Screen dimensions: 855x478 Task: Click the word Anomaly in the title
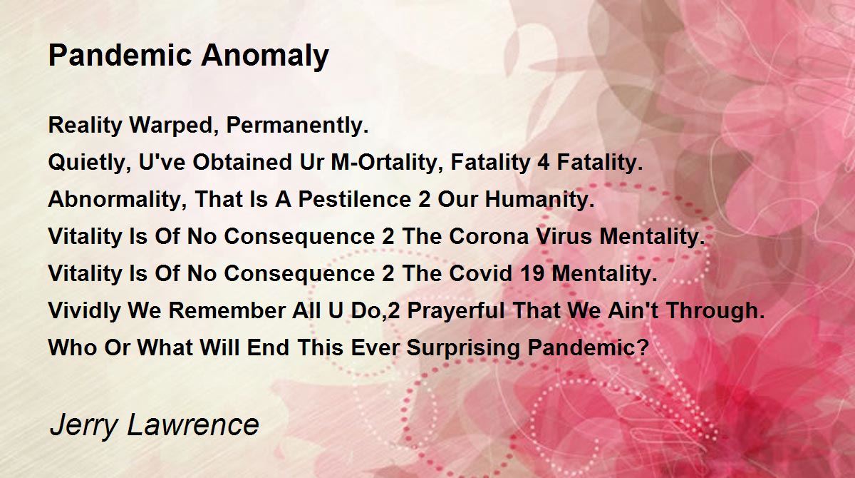pyautogui.click(x=265, y=56)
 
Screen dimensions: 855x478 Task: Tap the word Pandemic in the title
pyautogui.click(x=120, y=55)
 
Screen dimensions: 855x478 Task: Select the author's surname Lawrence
pyautogui.click(x=193, y=424)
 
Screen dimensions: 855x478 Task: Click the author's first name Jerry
pyautogui.click(x=83, y=426)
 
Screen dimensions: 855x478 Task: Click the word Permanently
pyautogui.click(x=297, y=126)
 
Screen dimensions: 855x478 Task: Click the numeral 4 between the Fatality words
pyautogui.click(x=543, y=162)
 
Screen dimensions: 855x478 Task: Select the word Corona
pyautogui.click(x=489, y=236)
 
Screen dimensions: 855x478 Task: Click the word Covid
pyautogui.click(x=480, y=273)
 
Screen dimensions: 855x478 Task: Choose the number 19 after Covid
pyautogui.click(x=532, y=273)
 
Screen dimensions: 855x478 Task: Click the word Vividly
pyautogui.click(x=84, y=310)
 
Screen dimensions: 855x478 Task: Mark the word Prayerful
pyautogui.click(x=456, y=310)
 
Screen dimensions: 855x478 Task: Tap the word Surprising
pyautogui.click(x=463, y=348)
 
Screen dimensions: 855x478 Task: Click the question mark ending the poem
pyautogui.click(x=643, y=347)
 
